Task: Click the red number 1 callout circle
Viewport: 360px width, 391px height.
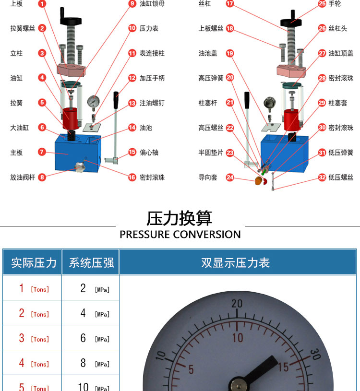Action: [x=42, y=3]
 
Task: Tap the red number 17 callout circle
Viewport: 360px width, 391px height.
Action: [x=229, y=3]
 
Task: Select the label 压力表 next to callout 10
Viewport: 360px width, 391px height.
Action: [x=149, y=28]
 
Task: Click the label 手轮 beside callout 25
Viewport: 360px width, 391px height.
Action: [x=335, y=3]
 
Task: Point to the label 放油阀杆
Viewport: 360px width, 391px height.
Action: [x=23, y=178]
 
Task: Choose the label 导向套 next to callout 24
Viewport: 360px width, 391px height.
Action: [x=208, y=178]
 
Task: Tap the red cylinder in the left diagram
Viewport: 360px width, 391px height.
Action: [x=71, y=118]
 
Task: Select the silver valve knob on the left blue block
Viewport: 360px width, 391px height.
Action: [x=80, y=167]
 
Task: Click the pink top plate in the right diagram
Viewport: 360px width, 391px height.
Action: [x=291, y=71]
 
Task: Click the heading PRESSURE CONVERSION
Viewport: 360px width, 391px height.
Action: [x=180, y=235]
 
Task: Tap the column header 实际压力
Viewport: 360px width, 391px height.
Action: [x=34, y=263]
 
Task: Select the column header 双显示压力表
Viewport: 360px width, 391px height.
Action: [x=236, y=263]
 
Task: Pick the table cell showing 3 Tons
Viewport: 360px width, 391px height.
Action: [x=32, y=338]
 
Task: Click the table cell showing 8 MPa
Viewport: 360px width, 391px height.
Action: [x=91, y=363]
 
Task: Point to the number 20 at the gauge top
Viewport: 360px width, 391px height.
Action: [x=237, y=304]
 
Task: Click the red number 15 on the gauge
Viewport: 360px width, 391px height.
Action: [x=284, y=367]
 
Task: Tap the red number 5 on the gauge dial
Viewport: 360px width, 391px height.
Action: [x=191, y=369]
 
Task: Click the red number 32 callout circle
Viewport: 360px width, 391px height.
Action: [x=322, y=178]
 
